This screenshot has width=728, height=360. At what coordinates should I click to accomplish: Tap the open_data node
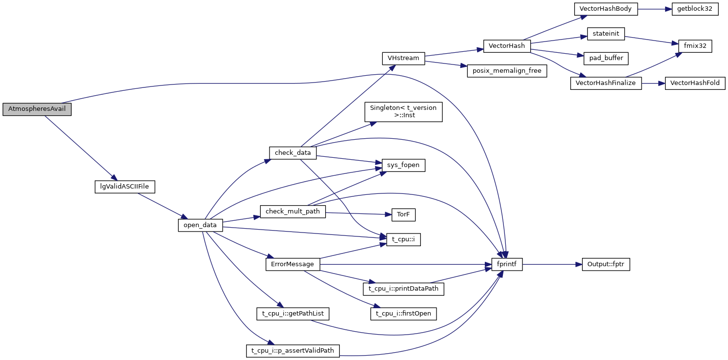[200, 225]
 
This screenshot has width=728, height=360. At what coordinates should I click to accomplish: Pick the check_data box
[293, 153]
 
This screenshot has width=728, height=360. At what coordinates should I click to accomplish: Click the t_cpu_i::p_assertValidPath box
[292, 351]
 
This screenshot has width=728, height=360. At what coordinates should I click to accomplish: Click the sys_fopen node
[403, 166]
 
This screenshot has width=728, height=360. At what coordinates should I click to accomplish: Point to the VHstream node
[403, 58]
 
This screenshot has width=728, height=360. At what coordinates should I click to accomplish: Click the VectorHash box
[507, 46]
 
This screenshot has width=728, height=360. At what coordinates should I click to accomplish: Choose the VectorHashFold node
[695, 83]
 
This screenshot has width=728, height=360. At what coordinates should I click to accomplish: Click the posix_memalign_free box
[506, 70]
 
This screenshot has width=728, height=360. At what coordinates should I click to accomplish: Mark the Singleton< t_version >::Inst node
[403, 111]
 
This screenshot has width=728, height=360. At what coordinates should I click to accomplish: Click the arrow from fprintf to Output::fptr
[552, 264]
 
